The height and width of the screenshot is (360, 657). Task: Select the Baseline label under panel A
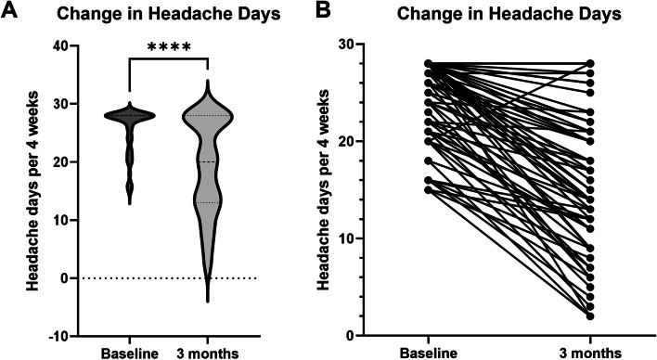pyautogui.click(x=129, y=353)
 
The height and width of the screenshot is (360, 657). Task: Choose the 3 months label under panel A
pyautogui.click(x=206, y=353)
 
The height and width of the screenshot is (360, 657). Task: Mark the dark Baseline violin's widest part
pyautogui.click(x=129, y=116)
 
